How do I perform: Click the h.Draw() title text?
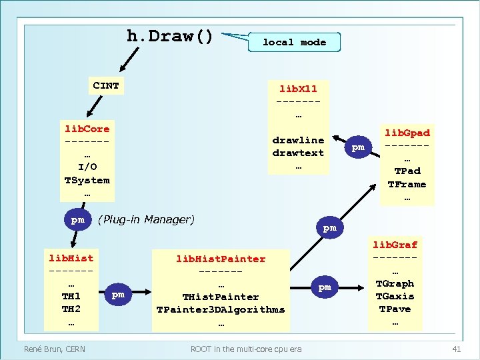(x=170, y=36)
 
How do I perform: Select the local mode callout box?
(x=294, y=42)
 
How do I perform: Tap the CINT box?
(x=106, y=86)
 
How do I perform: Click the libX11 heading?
(x=298, y=88)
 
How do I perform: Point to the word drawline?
(x=298, y=140)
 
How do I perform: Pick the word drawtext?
(x=298, y=153)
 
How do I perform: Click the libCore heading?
(x=87, y=129)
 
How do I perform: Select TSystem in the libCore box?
(x=87, y=180)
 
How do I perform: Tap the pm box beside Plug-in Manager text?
(x=78, y=219)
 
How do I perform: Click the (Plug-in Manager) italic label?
(x=147, y=219)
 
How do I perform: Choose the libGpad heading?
(x=407, y=133)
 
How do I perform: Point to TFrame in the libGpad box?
(x=407, y=184)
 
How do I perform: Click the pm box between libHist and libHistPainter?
(x=118, y=294)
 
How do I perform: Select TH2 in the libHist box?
(x=71, y=309)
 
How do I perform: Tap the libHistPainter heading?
(x=221, y=259)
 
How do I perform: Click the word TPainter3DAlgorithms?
(x=221, y=309)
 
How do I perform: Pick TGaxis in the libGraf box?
(x=395, y=296)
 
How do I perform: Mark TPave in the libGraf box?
(x=395, y=309)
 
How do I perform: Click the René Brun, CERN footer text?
(x=54, y=349)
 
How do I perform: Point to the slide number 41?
(x=457, y=349)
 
